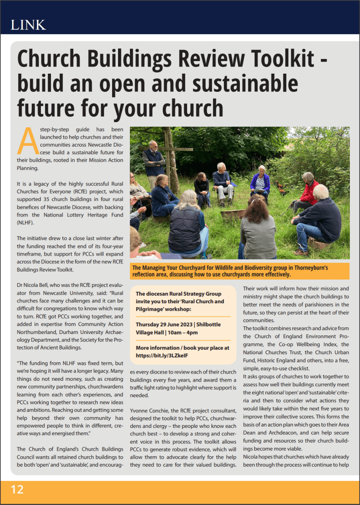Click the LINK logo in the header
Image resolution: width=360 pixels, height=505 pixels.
click(x=28, y=24)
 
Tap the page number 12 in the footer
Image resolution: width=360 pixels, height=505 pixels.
click(x=17, y=489)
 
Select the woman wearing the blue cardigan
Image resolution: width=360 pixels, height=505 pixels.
click(x=260, y=182)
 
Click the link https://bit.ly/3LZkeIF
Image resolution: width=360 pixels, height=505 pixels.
click(x=162, y=355)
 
